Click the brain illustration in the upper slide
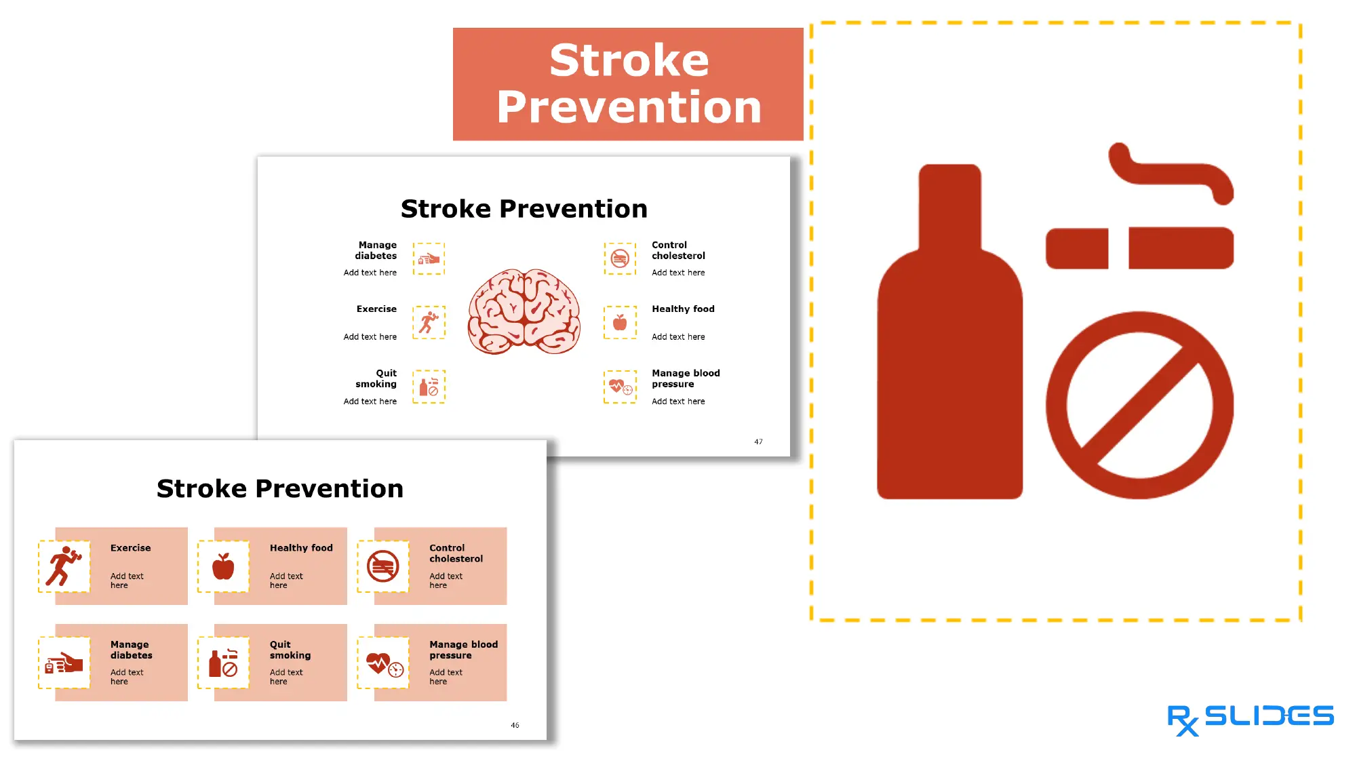tap(524, 311)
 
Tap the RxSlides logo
tap(1250, 718)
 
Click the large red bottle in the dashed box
tap(949, 353)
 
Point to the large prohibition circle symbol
tap(1139, 406)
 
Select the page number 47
tap(758, 442)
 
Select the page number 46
tap(515, 725)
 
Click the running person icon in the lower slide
tap(64, 566)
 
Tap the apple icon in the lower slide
tap(223, 566)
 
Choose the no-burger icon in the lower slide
tap(383, 566)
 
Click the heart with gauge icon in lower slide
tap(384, 663)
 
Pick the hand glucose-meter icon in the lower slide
tap(64, 663)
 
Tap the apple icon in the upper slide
tap(620, 322)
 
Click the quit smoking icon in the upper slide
tap(429, 387)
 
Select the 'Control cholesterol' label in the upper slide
tap(678, 250)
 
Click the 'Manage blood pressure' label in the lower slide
tap(463, 650)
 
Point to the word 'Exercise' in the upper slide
tap(376, 309)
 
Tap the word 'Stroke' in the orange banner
tap(629, 60)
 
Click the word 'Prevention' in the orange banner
tap(629, 107)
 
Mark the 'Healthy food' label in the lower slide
tap(301, 548)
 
